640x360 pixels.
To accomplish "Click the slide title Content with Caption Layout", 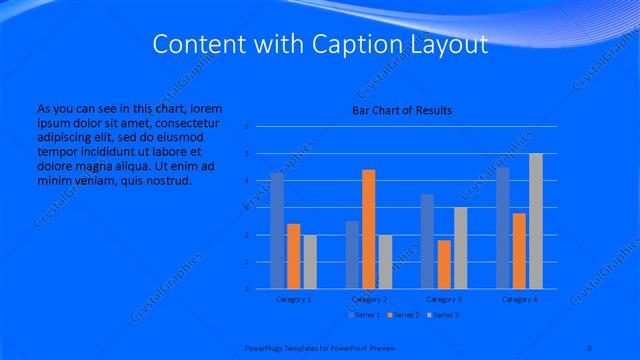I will (320, 45).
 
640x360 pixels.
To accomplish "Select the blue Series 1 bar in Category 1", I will (277, 230).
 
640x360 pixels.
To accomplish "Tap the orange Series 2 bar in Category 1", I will (293, 256).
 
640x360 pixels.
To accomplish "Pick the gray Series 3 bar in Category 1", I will (309, 261).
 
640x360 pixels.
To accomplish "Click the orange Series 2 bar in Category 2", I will (369, 229).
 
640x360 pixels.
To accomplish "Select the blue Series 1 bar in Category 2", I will (353, 254).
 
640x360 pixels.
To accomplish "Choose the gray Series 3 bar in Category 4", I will (536, 221).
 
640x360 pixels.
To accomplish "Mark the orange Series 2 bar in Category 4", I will (520, 250).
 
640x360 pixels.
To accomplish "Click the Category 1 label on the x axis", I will (293, 299).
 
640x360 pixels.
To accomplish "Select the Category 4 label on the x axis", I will (520, 299).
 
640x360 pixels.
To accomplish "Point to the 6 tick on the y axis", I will (246, 127).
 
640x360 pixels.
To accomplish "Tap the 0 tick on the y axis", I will (246, 289).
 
